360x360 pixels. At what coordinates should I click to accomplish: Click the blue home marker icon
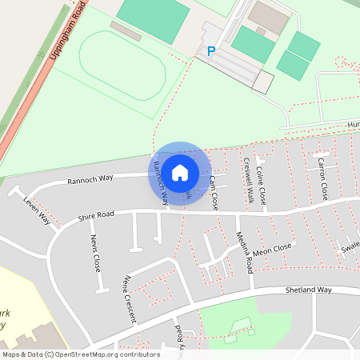click(180, 173)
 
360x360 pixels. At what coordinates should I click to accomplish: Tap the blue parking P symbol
click(211, 51)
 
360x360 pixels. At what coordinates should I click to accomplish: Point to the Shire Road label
click(96, 215)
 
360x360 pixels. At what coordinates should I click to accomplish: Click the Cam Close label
click(214, 193)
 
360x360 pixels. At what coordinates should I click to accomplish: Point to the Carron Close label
click(322, 178)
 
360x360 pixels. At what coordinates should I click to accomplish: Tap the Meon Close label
click(272, 250)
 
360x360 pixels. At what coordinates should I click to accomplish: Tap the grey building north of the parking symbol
click(267, 16)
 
